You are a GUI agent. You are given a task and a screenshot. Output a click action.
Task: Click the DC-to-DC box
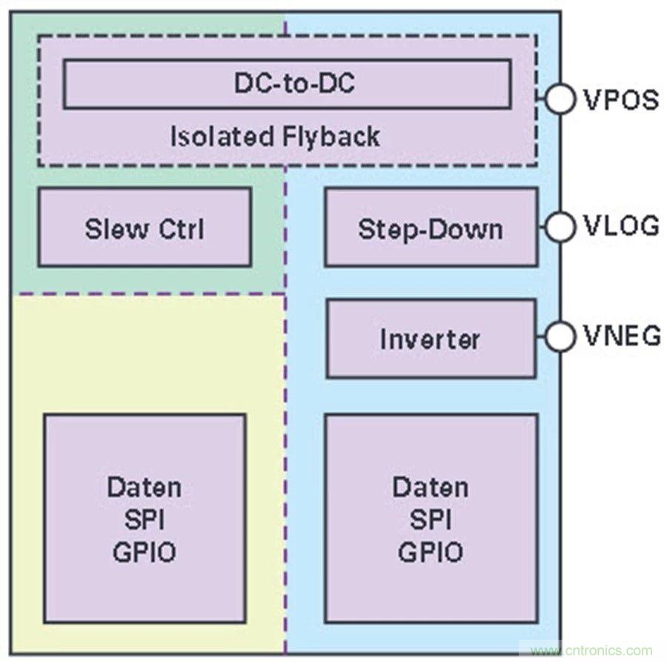point(287,84)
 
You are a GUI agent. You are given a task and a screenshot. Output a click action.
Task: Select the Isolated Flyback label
point(275,136)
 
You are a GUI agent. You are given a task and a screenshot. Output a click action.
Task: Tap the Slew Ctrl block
point(145,228)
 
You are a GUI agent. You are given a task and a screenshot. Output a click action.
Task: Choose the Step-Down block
point(431,228)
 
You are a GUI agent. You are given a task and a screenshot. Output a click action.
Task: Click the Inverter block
point(430,339)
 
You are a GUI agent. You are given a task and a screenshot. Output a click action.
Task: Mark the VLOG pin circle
point(560,226)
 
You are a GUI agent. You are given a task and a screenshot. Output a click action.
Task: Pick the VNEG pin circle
point(560,337)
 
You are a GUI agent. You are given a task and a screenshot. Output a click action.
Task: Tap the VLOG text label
point(620,226)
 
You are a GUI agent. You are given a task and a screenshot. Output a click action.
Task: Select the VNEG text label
point(621,337)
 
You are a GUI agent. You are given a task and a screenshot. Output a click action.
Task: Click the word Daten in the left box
point(145,488)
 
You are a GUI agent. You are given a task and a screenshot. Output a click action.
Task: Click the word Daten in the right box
point(430,488)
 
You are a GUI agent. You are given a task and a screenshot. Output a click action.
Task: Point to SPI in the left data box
point(145,520)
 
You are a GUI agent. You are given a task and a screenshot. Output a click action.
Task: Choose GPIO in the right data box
point(430,552)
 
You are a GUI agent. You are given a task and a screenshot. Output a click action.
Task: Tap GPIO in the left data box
point(145,552)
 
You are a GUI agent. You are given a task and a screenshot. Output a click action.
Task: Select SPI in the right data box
point(430,520)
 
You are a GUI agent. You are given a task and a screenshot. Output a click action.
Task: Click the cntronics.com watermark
point(587,649)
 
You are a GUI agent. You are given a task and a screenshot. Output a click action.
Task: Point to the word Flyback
point(331,136)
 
